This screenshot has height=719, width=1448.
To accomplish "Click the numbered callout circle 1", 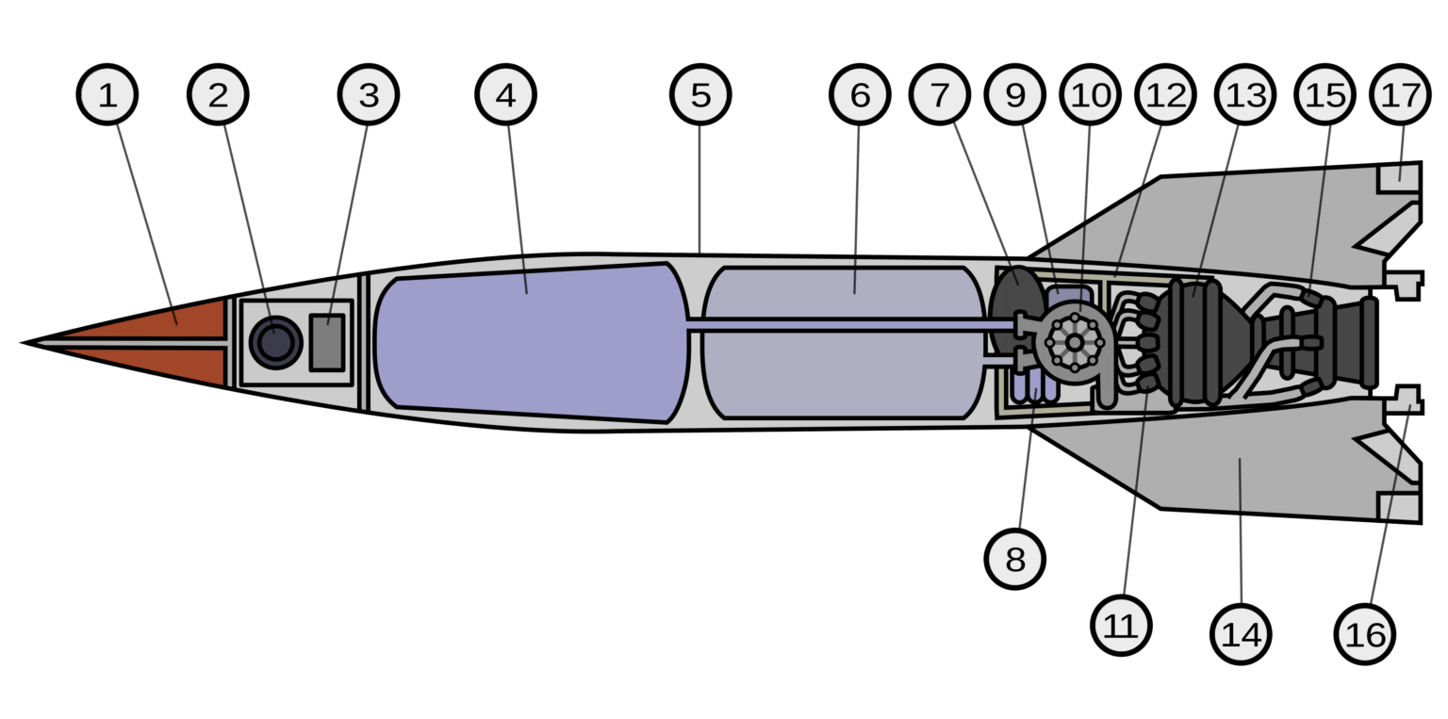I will coord(108,95).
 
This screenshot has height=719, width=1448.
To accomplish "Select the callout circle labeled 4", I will coord(506,95).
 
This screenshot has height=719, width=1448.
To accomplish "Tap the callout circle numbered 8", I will coord(1015,560).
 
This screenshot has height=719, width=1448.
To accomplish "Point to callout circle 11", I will coord(1121,625).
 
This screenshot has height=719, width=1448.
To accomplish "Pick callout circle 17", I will coord(1402,95).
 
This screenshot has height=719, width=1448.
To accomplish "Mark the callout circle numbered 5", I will coord(700,95).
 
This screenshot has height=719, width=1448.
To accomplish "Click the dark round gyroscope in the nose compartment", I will coord(275,342).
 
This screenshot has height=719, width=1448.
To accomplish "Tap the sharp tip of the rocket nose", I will coord(25,342).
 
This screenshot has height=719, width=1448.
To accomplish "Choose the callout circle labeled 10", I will coord(1090,95).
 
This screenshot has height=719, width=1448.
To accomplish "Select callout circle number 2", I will coord(218,95).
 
